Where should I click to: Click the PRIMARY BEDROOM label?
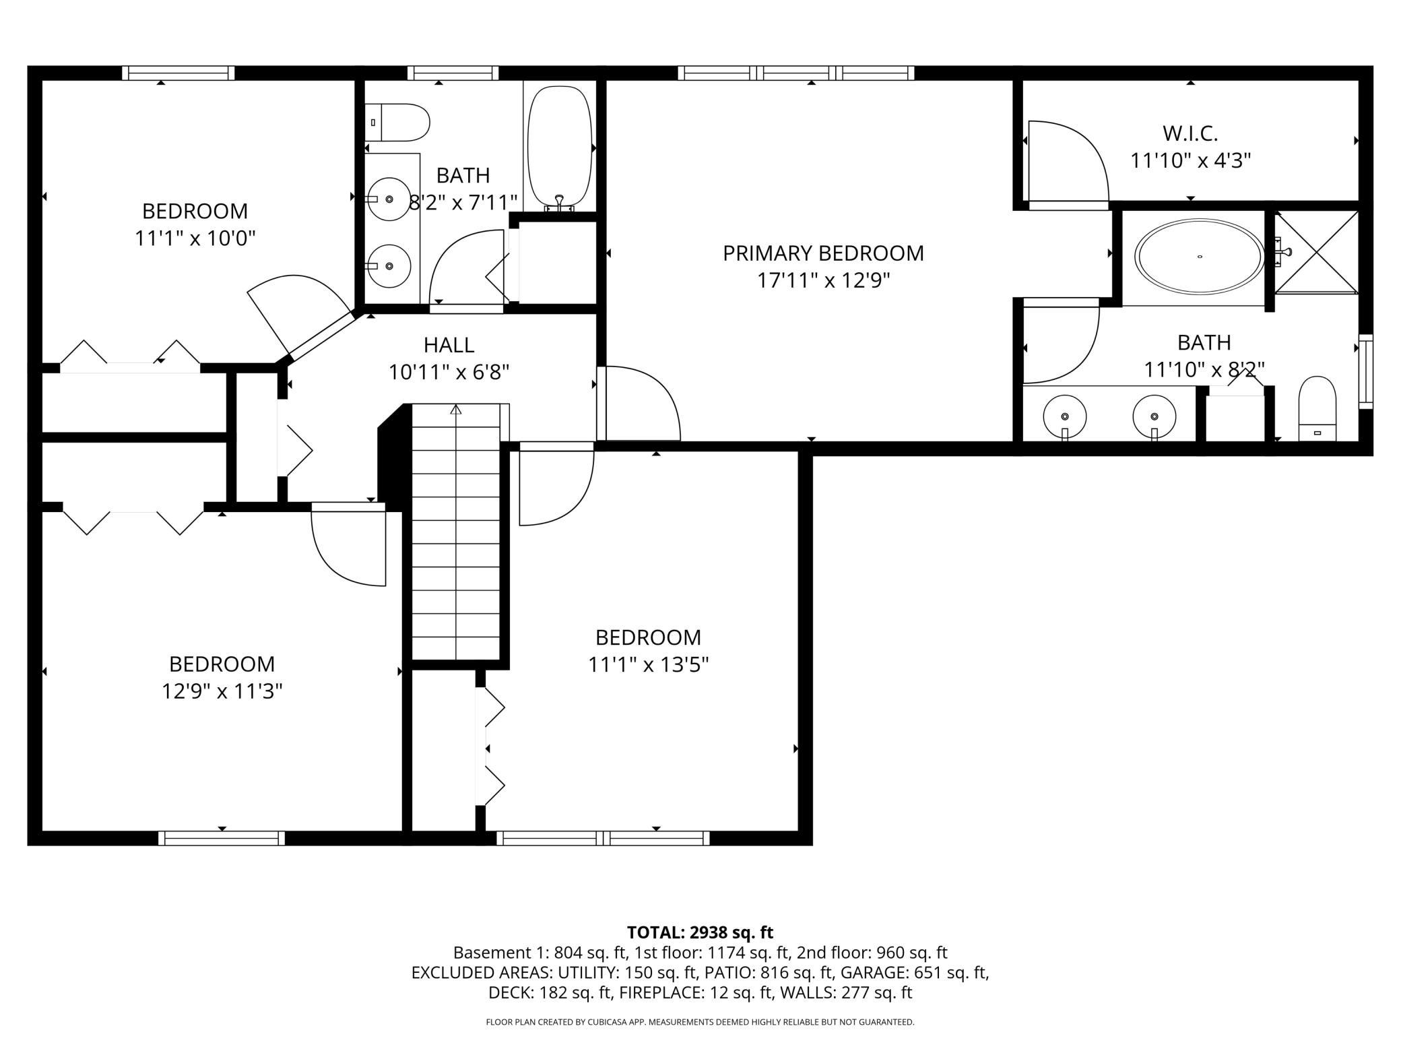pyautogui.click(x=823, y=253)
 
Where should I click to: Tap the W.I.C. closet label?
pyautogui.click(x=1190, y=133)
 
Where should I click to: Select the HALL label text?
pyautogui.click(x=449, y=345)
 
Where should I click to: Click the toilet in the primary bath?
pyautogui.click(x=1316, y=408)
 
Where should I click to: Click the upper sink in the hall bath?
pyautogui.click(x=389, y=199)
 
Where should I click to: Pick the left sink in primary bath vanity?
pyautogui.click(x=1064, y=416)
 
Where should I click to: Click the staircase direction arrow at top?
pyautogui.click(x=456, y=410)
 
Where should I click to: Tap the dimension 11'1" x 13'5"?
pyautogui.click(x=648, y=665)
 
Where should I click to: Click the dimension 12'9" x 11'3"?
pyautogui.click(x=222, y=691)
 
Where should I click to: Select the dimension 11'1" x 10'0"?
pyautogui.click(x=195, y=238)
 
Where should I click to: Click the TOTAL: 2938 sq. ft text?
pyautogui.click(x=700, y=932)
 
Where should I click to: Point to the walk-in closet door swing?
pyautogui.click(x=1071, y=162)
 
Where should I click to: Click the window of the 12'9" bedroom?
pyautogui.click(x=222, y=837)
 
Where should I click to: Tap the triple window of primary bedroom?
pyautogui.click(x=795, y=73)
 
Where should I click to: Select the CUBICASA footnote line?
pyautogui.click(x=700, y=1022)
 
